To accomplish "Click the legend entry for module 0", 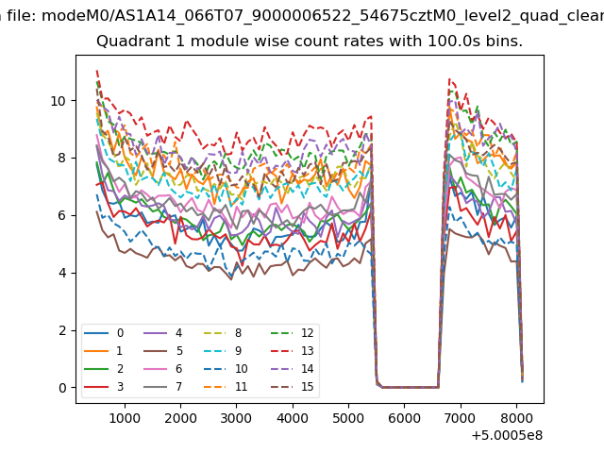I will (120, 333).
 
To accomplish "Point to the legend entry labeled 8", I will (237, 333).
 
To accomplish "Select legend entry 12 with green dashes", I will (305, 333).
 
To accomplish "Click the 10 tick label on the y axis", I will (59, 101).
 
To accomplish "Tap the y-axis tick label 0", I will (62, 388).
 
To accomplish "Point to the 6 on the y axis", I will (62, 216).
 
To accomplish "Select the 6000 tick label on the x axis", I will (404, 415).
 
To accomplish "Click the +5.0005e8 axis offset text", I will (506, 434).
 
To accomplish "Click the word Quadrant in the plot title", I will (128, 42).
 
